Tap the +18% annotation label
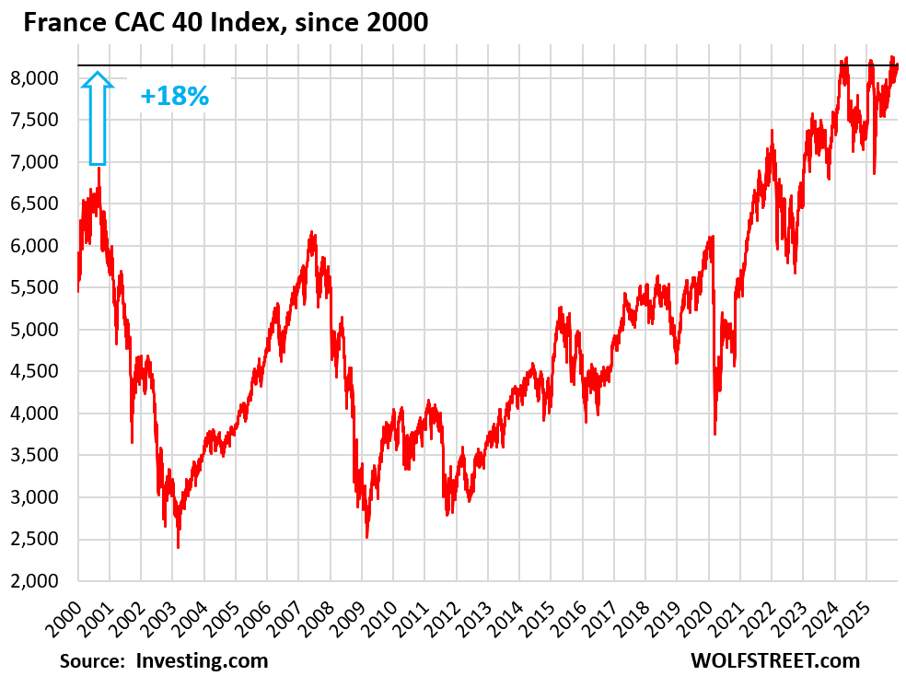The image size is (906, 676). (x=175, y=96)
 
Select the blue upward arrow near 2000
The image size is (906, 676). (x=98, y=119)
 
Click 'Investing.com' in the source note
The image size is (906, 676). (x=202, y=660)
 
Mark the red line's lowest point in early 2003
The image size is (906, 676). (x=178, y=548)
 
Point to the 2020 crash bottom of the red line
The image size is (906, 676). (x=714, y=434)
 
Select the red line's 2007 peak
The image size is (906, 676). (x=311, y=232)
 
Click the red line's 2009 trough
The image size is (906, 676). (x=366, y=537)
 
